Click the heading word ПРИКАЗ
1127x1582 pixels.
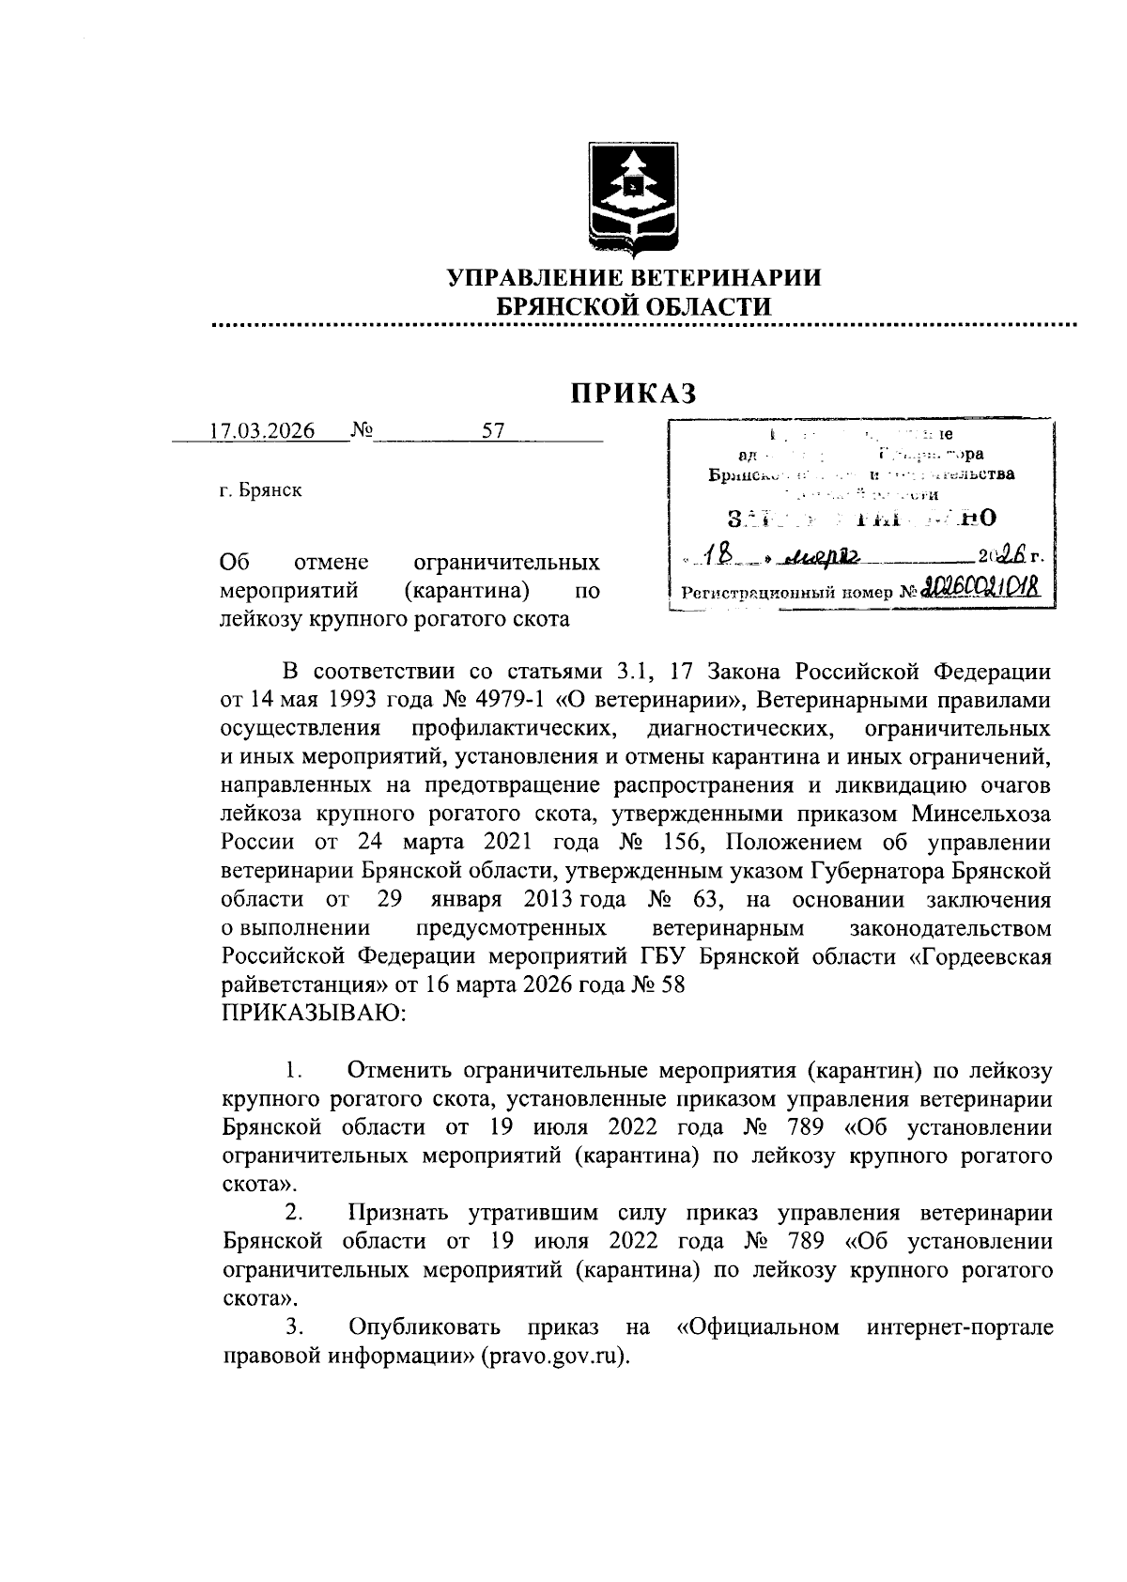coord(635,392)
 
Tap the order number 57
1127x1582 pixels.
coord(493,431)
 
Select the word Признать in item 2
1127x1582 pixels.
coord(398,1213)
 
